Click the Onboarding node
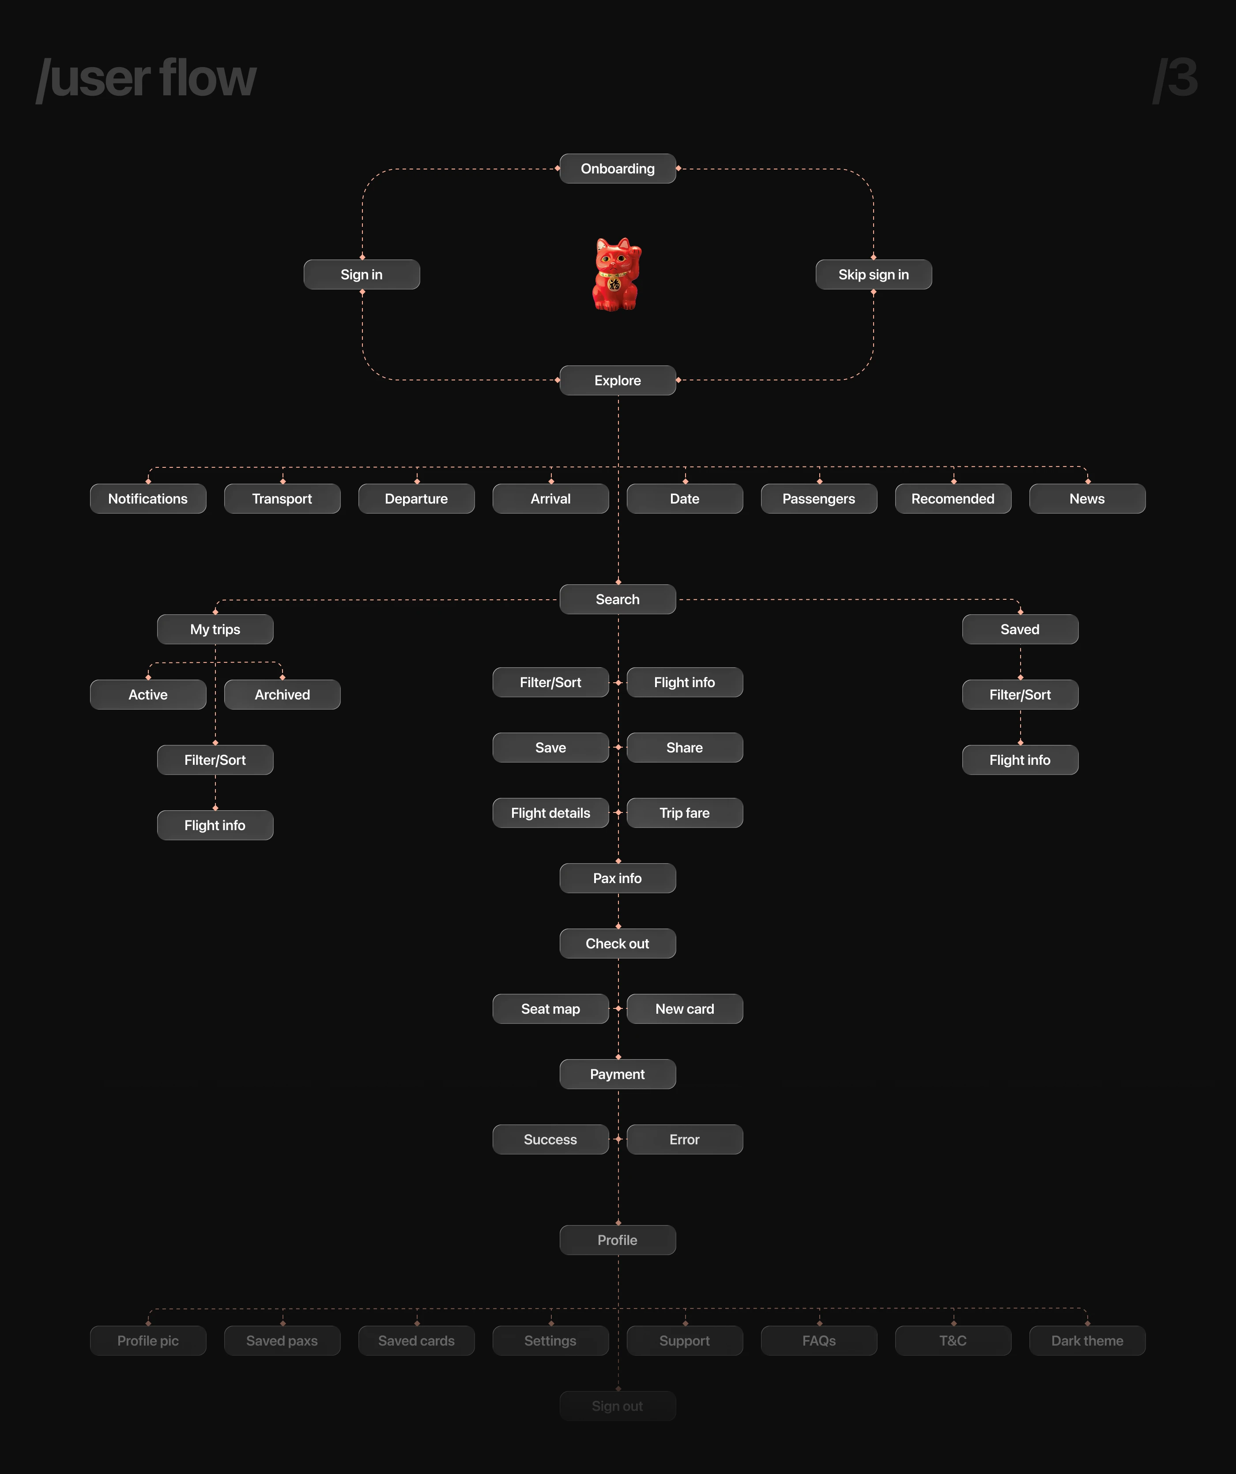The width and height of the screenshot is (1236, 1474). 617,169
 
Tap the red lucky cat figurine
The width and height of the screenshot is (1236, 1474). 617,274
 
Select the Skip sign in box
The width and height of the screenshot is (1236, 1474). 874,274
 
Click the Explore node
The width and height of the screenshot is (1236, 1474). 617,380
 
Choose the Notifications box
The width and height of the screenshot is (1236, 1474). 148,498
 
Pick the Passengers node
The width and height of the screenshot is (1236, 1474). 819,498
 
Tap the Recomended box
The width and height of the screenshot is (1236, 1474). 953,498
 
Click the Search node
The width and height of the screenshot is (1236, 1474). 617,599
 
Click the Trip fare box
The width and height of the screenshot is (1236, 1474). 685,813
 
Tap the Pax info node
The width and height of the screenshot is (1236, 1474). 617,878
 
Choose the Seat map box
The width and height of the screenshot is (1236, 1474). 550,1009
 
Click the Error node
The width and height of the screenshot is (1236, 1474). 685,1139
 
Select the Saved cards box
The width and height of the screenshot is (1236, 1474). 416,1341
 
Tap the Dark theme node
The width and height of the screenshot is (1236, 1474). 1087,1341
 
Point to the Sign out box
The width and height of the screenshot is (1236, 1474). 617,1406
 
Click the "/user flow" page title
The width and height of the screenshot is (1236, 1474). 147,78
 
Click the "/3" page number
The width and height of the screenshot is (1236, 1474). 1176,78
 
